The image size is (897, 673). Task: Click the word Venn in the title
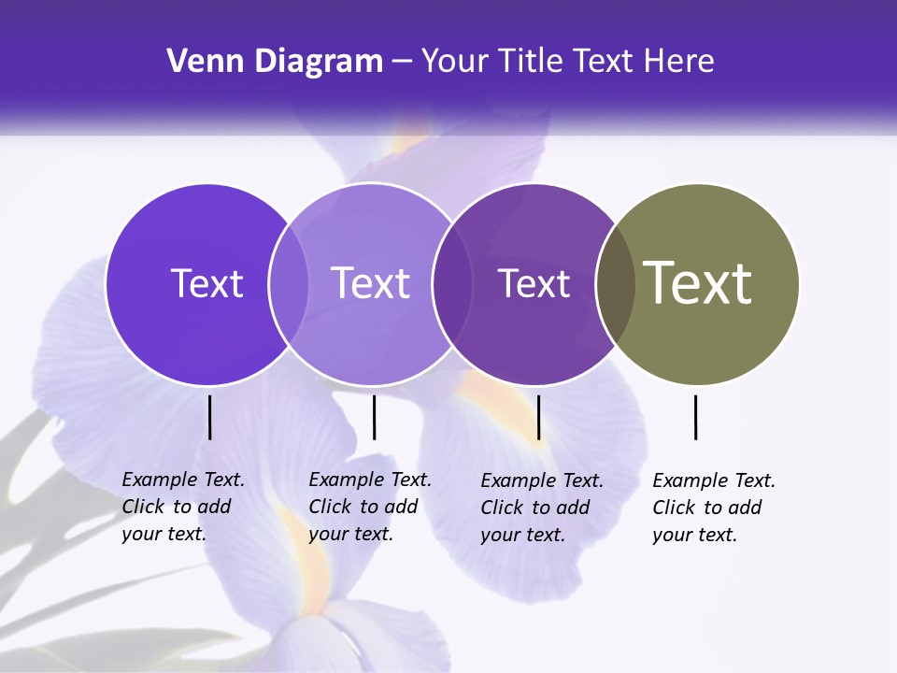click(198, 62)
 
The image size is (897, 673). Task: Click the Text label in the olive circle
click(697, 282)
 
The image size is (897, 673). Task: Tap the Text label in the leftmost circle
click(206, 283)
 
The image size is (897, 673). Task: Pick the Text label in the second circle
click(371, 283)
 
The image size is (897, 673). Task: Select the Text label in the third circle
click(534, 283)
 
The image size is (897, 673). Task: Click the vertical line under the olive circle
click(696, 417)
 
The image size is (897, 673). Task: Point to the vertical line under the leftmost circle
click(209, 417)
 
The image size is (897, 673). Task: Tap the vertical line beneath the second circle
click(374, 417)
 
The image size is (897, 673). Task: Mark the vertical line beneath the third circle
click(539, 417)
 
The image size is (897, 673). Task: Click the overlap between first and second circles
click(289, 284)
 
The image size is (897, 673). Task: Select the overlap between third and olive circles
click(616, 284)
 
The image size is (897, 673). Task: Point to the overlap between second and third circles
click(451, 284)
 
